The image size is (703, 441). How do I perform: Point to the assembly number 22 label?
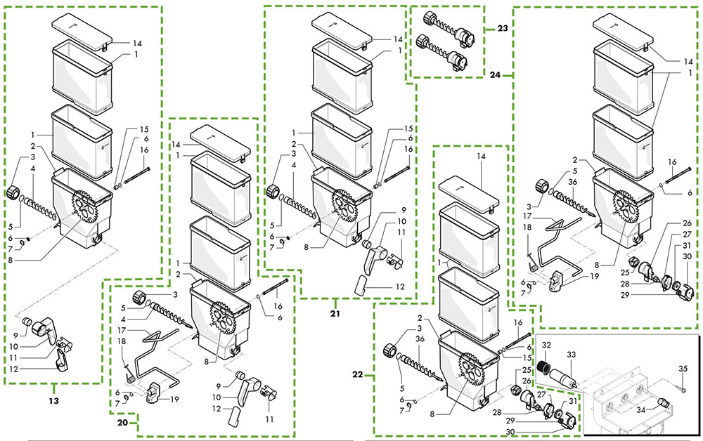[357, 375]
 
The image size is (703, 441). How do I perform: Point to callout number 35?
[682, 368]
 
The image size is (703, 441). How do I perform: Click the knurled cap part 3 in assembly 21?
[273, 190]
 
